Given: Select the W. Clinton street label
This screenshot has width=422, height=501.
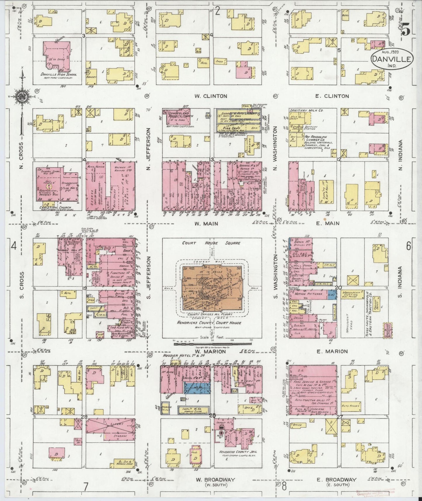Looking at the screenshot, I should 211,96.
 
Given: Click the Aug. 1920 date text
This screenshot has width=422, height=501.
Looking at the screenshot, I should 392,52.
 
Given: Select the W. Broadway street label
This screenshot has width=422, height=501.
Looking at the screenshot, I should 211,480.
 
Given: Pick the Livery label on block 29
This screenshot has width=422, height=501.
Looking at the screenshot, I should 116,424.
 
